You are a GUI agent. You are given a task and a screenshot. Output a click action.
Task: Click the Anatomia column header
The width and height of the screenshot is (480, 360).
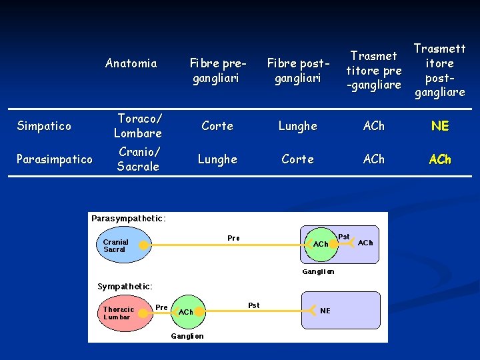tap(131, 63)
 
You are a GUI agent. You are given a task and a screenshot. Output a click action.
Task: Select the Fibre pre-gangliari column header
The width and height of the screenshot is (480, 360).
tap(217, 71)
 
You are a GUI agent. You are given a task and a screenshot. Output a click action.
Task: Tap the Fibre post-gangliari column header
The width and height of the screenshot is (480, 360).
tap(297, 71)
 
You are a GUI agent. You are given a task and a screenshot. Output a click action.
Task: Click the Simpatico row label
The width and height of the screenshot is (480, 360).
tap(44, 126)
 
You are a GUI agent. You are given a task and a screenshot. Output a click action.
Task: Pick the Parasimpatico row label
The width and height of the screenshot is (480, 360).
tap(55, 159)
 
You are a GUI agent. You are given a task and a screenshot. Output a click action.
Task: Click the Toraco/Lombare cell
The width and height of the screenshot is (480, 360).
tap(138, 125)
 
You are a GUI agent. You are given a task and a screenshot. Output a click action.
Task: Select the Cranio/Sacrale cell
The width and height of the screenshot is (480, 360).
tap(138, 159)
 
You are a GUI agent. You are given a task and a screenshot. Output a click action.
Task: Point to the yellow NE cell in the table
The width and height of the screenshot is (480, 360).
tap(440, 126)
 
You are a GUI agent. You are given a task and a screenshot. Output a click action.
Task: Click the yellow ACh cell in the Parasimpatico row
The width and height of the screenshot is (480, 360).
tap(440, 159)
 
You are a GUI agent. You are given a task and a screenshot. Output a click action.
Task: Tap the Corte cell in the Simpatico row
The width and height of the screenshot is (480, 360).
tap(217, 126)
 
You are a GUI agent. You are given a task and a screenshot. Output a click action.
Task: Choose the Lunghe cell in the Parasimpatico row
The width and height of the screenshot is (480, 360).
tap(217, 159)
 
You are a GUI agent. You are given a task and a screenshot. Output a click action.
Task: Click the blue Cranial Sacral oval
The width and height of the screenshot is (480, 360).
tap(124, 246)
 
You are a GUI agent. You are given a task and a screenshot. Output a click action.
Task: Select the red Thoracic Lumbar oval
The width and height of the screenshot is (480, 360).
tap(124, 313)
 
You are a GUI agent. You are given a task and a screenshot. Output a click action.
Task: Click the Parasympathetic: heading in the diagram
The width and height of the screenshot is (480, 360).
tap(129, 218)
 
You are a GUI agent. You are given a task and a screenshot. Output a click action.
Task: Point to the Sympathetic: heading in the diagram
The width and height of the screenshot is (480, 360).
tap(125, 286)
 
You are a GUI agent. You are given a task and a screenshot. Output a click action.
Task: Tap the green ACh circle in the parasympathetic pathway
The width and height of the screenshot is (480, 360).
tap(321, 244)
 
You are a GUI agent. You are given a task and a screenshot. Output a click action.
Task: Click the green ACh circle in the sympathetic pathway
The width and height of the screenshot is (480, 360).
tap(186, 311)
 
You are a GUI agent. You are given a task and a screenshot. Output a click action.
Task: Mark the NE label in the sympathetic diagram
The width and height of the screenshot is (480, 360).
tap(325, 311)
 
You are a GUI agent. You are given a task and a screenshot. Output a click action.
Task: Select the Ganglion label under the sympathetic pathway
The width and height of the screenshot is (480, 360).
tap(187, 336)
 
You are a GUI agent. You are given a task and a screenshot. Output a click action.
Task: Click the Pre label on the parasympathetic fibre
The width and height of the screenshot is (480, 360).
tap(233, 238)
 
